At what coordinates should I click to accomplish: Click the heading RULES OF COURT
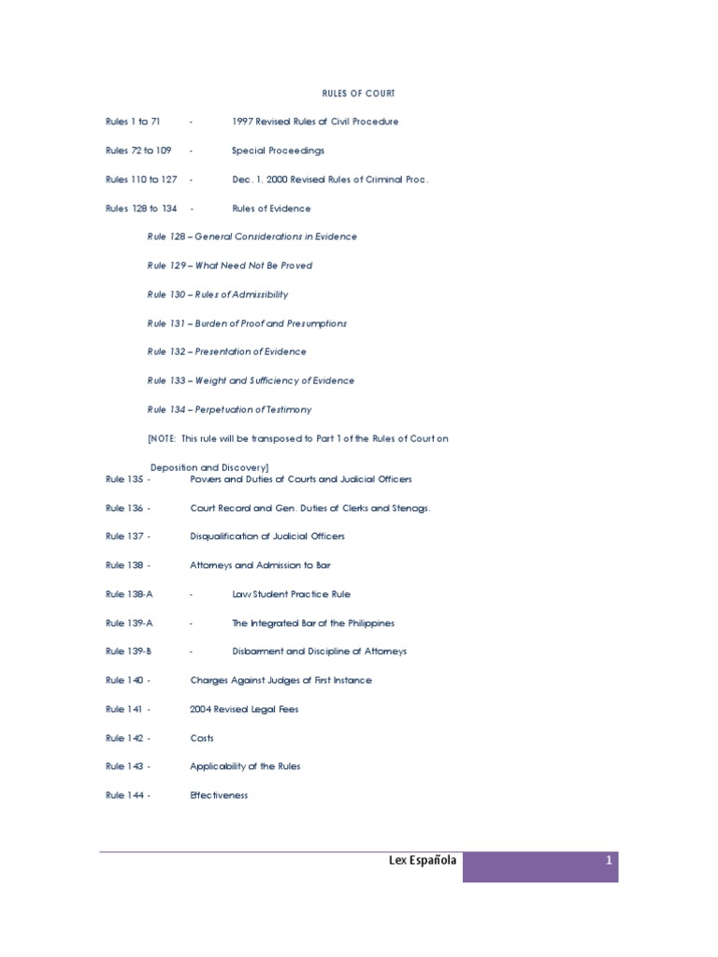[358, 93]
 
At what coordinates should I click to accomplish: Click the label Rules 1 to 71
[133, 121]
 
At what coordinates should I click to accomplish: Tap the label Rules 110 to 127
[141, 179]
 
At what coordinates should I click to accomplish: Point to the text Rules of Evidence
[271, 208]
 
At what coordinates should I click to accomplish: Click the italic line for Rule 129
[229, 265]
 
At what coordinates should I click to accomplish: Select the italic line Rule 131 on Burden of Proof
[247, 323]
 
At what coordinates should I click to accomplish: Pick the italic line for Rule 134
[229, 409]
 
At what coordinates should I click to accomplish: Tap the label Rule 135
[127, 479]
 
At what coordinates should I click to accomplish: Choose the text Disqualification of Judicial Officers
[266, 536]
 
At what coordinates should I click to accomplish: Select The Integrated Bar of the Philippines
[313, 623]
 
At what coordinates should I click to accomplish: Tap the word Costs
[202, 738]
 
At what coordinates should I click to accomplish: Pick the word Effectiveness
[219, 795]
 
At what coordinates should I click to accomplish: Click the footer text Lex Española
[423, 861]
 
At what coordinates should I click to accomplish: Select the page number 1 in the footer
[609, 861]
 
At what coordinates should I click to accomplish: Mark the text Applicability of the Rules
[245, 766]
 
